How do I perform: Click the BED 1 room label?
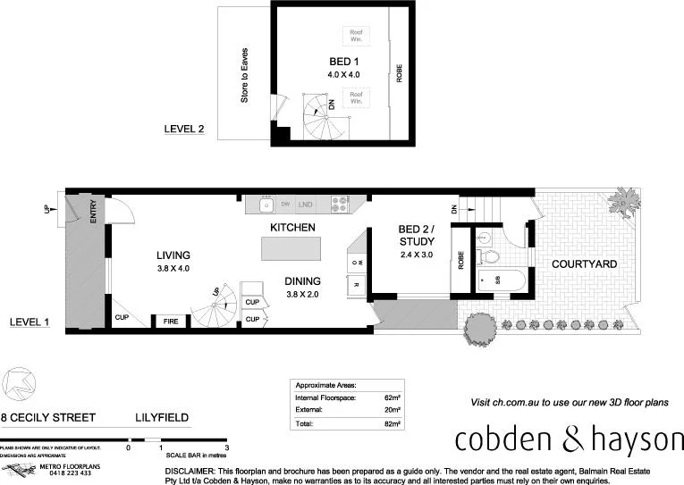[338, 62]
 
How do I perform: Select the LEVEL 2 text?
[184, 130]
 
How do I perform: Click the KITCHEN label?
[292, 228]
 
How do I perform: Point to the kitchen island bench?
[291, 250]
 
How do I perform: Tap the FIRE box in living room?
[171, 321]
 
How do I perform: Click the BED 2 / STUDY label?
[416, 235]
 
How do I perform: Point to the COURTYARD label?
[582, 264]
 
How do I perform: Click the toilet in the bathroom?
[488, 256]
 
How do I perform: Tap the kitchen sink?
[266, 205]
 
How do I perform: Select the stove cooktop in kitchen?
[339, 204]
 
